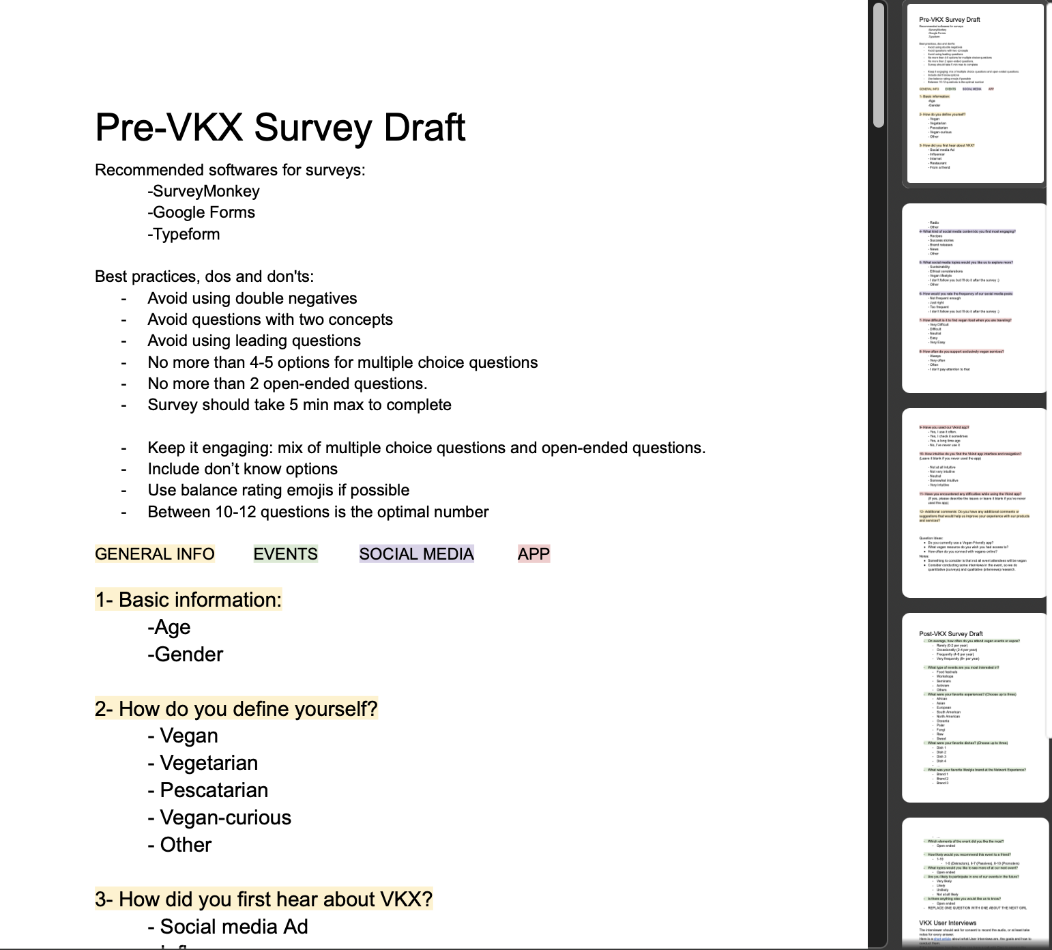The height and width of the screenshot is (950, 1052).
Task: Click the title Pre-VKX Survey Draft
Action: (280, 128)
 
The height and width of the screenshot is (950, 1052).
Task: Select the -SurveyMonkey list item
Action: (203, 191)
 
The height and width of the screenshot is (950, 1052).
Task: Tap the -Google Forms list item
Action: (201, 212)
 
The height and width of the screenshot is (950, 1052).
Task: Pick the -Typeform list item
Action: (184, 234)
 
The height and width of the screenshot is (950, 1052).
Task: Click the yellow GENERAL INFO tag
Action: (155, 554)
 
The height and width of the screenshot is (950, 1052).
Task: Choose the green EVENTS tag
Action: (285, 554)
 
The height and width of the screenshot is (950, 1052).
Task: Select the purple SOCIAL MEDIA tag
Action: (416, 554)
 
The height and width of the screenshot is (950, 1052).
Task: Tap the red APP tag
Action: (534, 554)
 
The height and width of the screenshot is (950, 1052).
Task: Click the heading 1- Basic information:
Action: (188, 600)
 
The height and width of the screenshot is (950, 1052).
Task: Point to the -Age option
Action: (169, 627)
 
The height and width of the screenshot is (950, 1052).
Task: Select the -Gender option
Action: (186, 654)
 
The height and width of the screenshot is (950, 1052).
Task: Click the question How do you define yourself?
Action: (236, 709)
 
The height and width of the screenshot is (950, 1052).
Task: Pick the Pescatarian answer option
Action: (208, 790)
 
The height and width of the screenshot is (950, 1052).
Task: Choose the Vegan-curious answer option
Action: (220, 818)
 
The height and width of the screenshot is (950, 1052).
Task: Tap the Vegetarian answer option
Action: (203, 763)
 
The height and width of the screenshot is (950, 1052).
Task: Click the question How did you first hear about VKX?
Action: (264, 899)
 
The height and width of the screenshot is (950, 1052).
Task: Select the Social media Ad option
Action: (228, 927)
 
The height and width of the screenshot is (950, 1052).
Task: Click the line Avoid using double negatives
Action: (252, 298)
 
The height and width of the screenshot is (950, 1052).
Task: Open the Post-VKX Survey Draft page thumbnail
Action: (974, 707)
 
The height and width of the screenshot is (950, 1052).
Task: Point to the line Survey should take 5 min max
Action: (299, 405)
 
